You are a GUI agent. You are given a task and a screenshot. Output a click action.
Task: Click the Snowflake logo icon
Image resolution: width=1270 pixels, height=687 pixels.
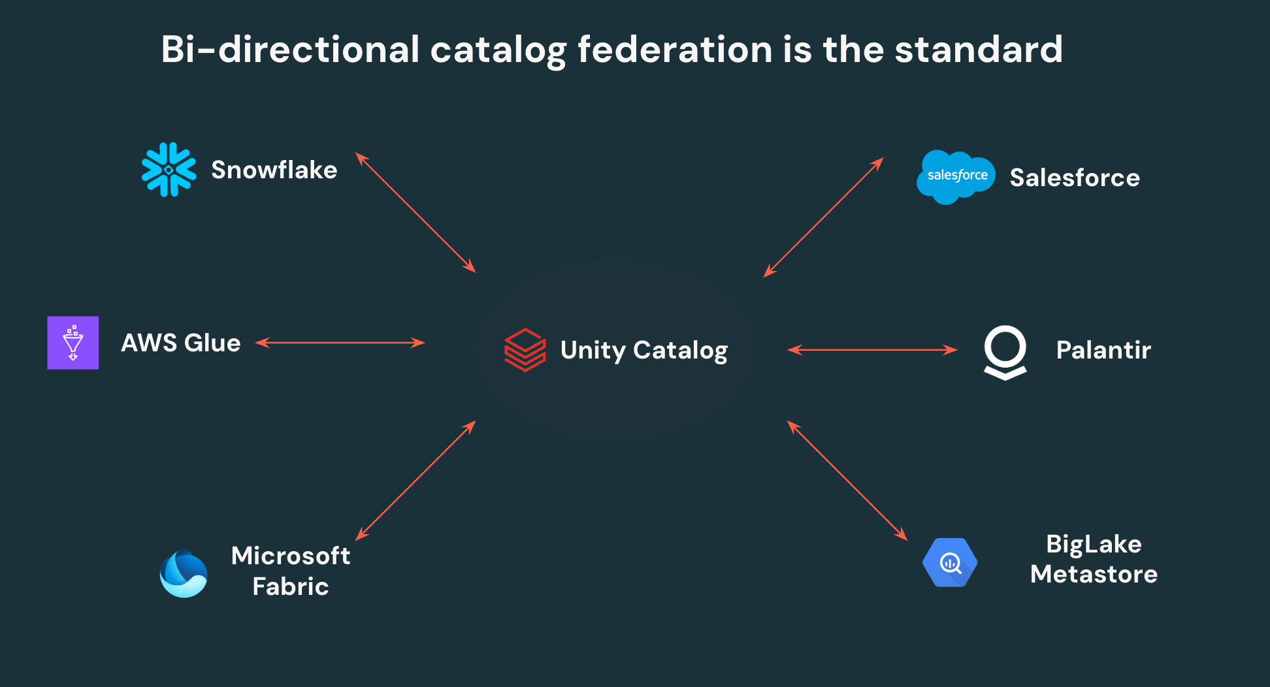(169, 170)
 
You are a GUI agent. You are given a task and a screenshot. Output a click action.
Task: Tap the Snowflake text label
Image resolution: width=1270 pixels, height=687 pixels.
(274, 170)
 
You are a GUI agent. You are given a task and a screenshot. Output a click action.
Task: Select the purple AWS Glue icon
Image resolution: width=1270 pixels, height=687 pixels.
(73, 343)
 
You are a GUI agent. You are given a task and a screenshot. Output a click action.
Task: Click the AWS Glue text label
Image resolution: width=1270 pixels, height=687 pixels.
(181, 343)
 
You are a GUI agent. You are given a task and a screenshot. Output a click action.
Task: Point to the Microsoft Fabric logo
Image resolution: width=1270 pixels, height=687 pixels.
(184, 573)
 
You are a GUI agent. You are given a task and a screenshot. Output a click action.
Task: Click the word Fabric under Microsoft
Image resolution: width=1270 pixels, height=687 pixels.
(290, 586)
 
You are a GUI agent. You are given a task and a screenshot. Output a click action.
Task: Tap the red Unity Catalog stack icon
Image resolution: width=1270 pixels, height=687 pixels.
(525, 350)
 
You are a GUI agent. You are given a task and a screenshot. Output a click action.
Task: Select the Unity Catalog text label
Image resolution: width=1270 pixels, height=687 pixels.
(643, 351)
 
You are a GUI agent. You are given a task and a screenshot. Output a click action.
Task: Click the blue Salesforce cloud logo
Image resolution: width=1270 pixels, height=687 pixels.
(956, 176)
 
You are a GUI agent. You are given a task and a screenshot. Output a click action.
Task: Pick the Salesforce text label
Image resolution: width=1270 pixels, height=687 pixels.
(1075, 178)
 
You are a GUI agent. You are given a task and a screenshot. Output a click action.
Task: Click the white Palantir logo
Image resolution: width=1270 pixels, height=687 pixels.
(1005, 352)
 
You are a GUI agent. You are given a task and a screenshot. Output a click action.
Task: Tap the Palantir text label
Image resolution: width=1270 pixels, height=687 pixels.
(1103, 350)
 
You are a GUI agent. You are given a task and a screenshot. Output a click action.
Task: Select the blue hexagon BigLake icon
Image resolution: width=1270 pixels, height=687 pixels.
(950, 562)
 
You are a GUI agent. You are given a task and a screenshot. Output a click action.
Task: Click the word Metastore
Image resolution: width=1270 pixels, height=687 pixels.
(1094, 574)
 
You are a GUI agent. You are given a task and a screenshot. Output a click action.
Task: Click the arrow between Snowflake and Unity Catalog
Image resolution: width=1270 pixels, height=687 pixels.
(415, 212)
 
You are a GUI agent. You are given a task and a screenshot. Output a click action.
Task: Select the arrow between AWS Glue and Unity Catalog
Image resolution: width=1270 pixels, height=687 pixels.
(340, 342)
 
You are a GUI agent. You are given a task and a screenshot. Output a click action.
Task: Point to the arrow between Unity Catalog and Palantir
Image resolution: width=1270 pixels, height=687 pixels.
(872, 350)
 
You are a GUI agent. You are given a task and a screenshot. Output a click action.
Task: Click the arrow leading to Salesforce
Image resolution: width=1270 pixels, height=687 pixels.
(824, 217)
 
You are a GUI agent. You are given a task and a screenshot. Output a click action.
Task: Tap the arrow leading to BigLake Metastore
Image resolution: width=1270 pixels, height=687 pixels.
(847, 481)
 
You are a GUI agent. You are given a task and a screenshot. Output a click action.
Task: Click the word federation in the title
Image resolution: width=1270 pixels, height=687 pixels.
(675, 50)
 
